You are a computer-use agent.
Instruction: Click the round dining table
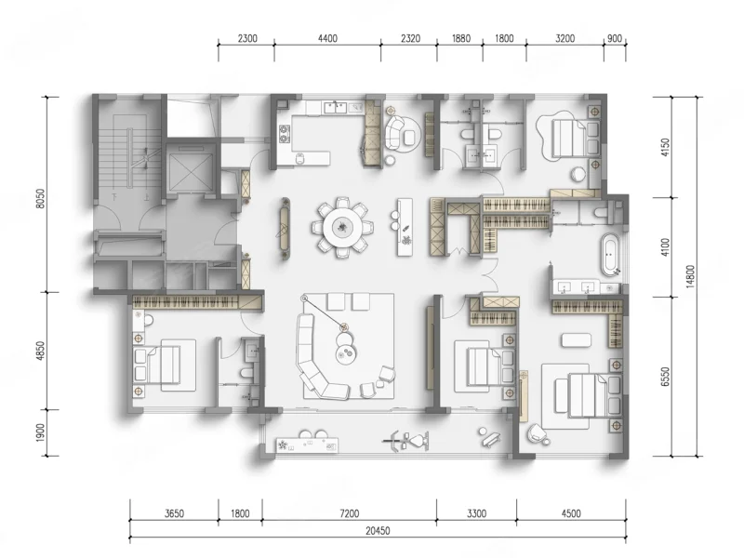click(341, 227)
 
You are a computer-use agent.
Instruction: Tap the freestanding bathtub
click(610, 254)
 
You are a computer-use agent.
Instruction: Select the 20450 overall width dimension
click(378, 530)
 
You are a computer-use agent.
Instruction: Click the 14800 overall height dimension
click(690, 276)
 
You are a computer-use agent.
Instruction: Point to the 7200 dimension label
click(350, 513)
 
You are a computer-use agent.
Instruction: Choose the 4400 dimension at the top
click(327, 38)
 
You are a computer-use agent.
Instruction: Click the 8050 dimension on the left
click(40, 199)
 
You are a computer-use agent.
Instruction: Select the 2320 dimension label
click(410, 38)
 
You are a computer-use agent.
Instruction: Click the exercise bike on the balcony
click(407, 441)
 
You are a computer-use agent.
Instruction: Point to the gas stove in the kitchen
click(285, 133)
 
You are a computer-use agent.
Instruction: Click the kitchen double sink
click(336, 108)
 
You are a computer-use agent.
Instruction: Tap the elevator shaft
click(192, 168)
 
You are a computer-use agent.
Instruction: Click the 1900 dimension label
click(40, 432)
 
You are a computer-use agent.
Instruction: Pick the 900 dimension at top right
click(615, 38)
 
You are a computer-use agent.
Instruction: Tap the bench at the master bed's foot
click(577, 340)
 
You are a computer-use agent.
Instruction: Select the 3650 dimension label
click(174, 513)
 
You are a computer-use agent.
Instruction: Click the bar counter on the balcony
click(308, 445)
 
